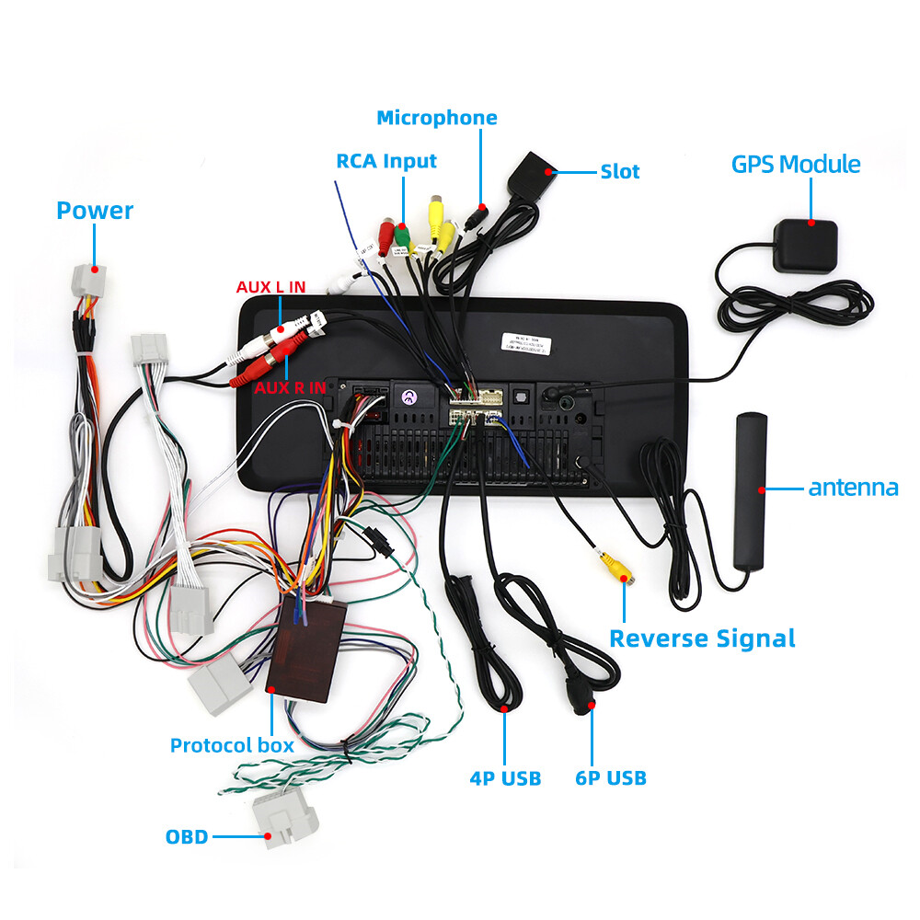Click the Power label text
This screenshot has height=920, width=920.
point(95,211)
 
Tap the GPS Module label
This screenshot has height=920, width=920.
point(796,165)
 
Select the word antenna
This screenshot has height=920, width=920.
point(853,488)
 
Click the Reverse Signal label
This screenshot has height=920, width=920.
point(702,638)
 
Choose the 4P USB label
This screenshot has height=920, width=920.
point(505,778)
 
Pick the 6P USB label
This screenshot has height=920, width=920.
point(611,778)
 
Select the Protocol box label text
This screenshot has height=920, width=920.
point(232,745)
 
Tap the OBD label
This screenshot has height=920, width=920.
point(187,837)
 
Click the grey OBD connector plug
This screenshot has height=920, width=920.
point(285,821)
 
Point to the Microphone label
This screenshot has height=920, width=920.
point(437,118)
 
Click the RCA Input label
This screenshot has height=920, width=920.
point(386,161)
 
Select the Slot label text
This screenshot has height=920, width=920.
point(619,171)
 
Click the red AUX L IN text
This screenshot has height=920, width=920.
point(270,287)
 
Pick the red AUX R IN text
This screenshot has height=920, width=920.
point(290,387)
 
